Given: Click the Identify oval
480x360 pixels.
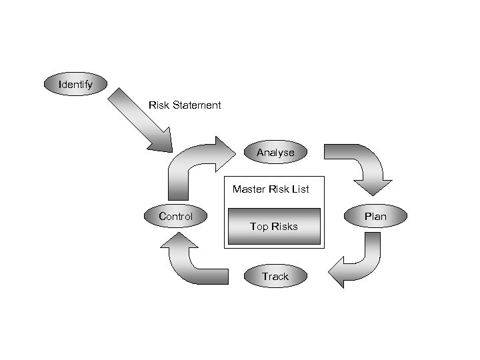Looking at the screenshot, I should point(75,85).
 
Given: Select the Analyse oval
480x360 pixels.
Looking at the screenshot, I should point(275,152).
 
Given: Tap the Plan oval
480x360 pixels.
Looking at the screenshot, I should point(375,216).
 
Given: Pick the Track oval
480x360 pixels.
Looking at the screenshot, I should point(275,276).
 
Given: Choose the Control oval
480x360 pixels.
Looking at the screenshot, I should point(176,216).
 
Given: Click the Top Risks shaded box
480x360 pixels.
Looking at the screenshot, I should point(274,227).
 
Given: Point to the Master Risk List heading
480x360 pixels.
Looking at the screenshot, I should point(271,189).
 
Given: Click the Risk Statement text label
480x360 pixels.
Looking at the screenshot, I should point(185,105).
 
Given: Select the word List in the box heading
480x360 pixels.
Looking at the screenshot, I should point(301,189).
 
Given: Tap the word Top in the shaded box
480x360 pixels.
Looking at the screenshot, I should point(258,227).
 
